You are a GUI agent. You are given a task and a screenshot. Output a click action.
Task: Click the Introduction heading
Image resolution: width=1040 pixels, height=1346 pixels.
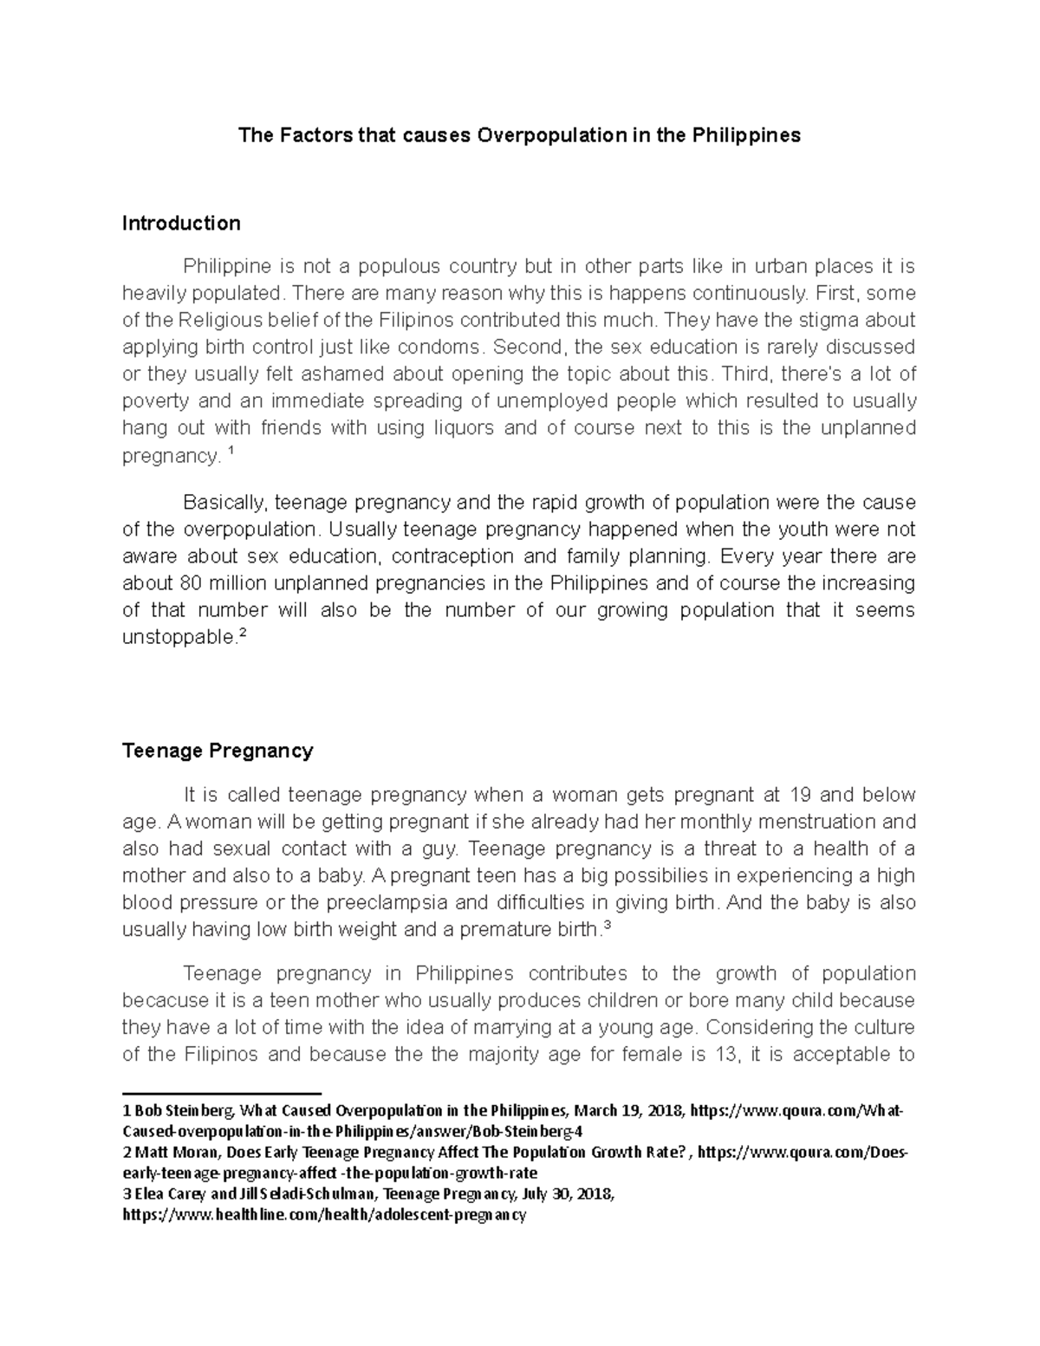[181, 224]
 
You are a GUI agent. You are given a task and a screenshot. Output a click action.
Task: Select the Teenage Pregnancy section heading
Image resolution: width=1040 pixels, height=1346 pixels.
[218, 751]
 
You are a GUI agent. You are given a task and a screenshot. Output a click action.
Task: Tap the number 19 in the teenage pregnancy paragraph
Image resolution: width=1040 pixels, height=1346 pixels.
[800, 795]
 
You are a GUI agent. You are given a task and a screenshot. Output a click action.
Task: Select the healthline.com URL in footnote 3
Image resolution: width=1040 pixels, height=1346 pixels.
[325, 1215]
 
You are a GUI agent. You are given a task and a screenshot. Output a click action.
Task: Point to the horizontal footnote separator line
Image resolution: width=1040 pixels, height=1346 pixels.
[222, 1094]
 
